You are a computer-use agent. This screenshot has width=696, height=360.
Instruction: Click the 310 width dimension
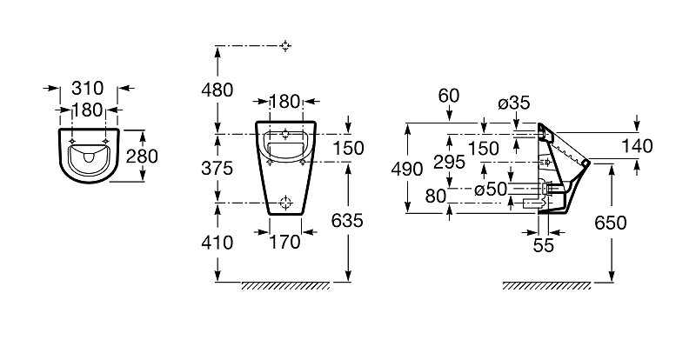88,89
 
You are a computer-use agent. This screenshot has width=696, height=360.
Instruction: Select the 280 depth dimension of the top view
142,157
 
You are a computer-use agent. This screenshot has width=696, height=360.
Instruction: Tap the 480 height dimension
217,90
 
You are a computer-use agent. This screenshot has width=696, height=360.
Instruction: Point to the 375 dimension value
217,168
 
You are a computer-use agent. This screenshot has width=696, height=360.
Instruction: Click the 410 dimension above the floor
217,243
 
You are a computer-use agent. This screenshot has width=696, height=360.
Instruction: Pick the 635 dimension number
347,221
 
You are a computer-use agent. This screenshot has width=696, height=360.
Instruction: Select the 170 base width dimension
285,243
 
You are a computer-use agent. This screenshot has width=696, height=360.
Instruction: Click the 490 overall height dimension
407,169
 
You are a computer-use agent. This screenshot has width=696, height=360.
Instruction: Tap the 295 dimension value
449,163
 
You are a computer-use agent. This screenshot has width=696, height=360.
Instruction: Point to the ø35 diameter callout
514,103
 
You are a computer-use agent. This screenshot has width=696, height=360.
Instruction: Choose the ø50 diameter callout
491,190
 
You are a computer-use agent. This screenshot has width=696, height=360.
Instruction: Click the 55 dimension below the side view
544,245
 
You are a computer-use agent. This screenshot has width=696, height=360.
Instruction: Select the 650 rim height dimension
611,223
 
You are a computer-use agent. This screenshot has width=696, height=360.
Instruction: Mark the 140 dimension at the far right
637,146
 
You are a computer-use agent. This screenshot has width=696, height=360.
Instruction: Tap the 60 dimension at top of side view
449,96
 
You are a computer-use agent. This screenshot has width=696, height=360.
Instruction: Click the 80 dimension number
436,196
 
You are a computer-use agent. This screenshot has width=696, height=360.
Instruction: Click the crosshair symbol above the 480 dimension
286,46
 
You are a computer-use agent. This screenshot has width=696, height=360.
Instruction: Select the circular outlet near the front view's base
286,203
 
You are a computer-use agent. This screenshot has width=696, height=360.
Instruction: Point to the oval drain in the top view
89,157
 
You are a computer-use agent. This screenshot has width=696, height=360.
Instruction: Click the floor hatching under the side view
546,286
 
